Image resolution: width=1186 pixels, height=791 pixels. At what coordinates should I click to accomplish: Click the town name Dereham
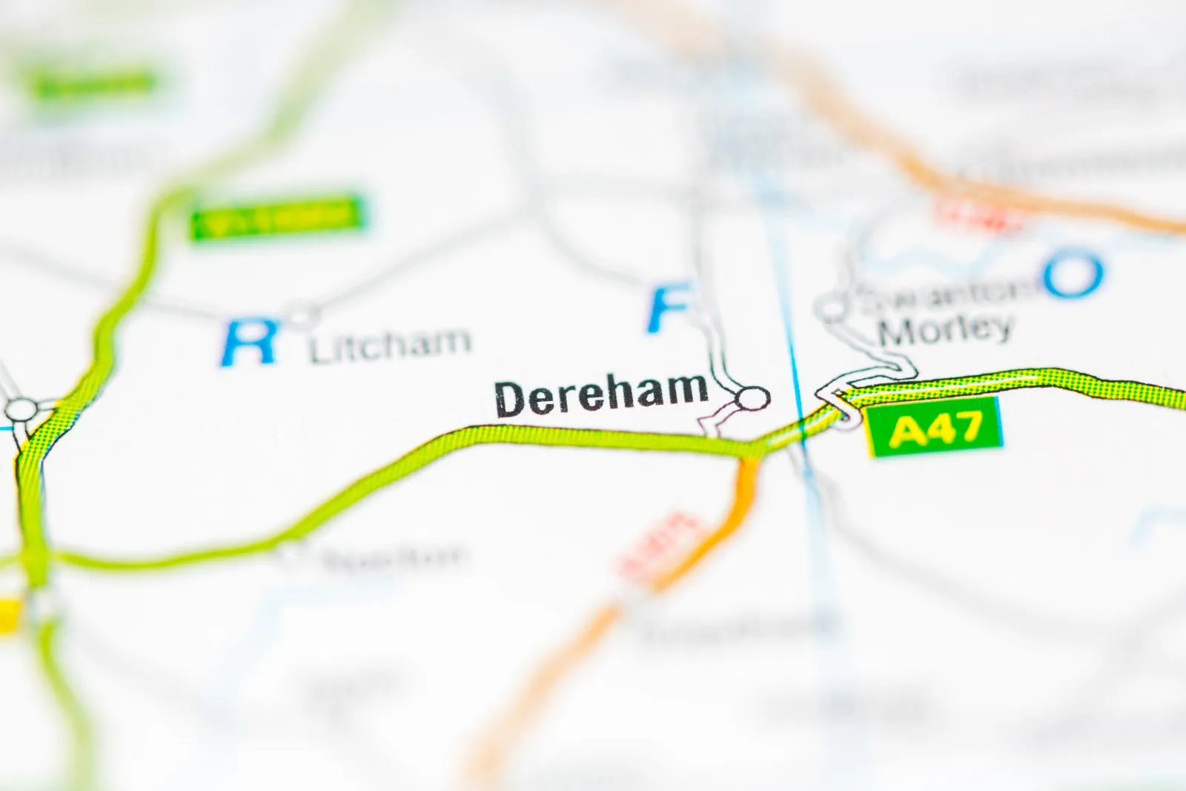[601, 394]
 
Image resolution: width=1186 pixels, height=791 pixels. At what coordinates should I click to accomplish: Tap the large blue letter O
[1073, 274]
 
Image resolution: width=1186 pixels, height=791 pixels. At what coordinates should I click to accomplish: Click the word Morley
[945, 328]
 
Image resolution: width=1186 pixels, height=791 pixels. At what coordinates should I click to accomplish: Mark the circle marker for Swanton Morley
[833, 307]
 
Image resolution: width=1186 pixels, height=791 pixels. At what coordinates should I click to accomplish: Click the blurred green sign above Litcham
[278, 216]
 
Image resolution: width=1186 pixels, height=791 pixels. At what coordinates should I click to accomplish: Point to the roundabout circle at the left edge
[21, 409]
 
